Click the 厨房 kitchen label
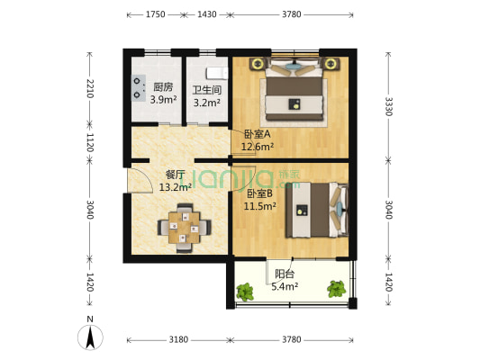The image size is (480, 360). coord(163,87)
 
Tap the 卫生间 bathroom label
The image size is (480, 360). coord(206,89)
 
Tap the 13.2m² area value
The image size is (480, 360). coord(175,188)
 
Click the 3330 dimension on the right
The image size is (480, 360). coord(388,105)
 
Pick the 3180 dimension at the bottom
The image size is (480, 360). coord(178,339)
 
